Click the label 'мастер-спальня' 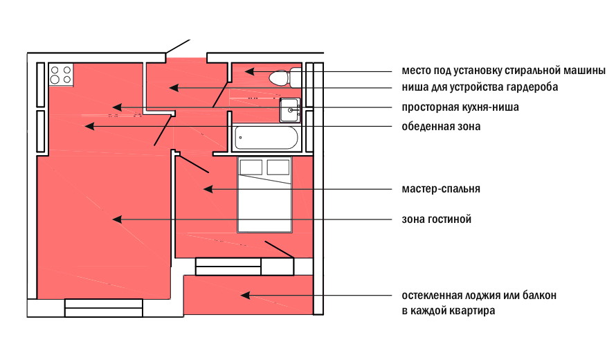441,188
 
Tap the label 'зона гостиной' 436,219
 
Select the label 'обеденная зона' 441,127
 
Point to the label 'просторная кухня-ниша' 460,108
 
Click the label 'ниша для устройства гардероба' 480,88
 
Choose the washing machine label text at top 503,71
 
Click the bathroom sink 290,110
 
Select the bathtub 266,138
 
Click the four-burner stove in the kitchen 62,74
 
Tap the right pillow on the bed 278,167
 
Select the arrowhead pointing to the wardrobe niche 174,88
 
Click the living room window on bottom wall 103,307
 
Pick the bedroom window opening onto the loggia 228,266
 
